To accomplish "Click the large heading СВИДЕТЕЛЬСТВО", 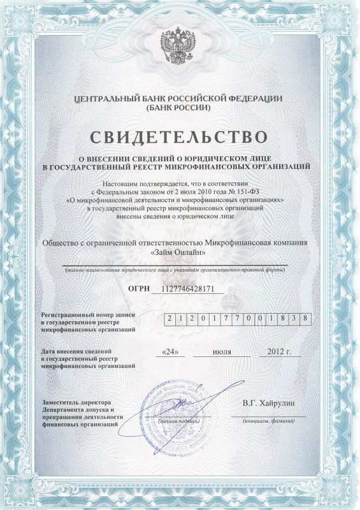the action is (180, 136).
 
